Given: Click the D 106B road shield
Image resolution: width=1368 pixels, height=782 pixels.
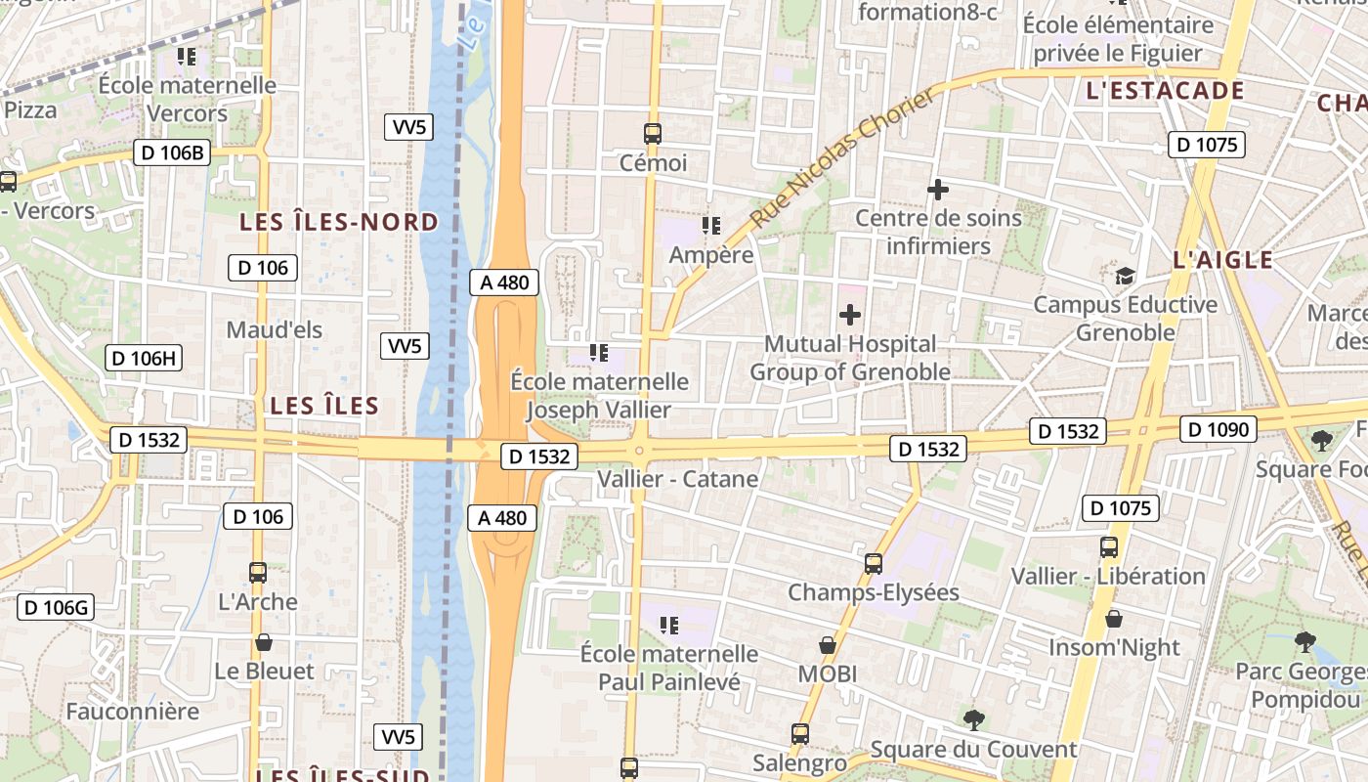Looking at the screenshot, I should click(x=172, y=152).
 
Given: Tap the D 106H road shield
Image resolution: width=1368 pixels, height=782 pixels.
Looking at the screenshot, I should click(x=144, y=358).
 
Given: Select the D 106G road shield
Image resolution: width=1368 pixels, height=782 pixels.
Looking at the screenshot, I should click(x=56, y=608).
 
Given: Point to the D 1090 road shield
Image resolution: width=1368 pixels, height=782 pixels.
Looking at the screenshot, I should click(x=1218, y=429).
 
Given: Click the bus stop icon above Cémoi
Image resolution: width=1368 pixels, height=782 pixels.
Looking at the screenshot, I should click(x=653, y=134).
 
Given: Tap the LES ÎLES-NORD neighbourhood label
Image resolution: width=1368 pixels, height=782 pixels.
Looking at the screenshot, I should click(x=340, y=223).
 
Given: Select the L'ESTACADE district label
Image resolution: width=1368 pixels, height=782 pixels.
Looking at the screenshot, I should click(x=1165, y=92).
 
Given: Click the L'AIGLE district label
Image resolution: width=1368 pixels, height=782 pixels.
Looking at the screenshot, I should click(x=1222, y=260).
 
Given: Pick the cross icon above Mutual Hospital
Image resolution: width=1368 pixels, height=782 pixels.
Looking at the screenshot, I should click(x=850, y=315).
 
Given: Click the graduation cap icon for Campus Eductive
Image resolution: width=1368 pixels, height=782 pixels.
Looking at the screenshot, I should click(x=1126, y=276).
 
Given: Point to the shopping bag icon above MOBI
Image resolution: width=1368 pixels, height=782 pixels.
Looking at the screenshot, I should click(x=828, y=645).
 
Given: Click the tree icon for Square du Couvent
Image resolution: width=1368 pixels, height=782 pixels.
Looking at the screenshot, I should click(x=973, y=720).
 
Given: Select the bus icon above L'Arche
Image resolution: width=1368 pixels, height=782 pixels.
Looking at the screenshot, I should click(x=258, y=573).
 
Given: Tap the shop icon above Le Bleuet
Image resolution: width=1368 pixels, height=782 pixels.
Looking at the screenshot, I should click(x=263, y=642).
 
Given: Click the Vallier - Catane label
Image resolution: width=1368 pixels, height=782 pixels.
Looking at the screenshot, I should click(x=677, y=479).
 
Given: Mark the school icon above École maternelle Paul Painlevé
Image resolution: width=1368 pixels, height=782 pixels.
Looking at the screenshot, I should click(x=669, y=625).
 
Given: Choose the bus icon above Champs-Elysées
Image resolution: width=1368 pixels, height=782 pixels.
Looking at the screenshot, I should click(x=874, y=564).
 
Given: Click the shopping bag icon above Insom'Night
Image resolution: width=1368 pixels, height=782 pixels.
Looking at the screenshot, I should click(x=1114, y=619).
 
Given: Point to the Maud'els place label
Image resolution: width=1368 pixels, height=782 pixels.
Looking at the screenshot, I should click(x=274, y=330).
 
